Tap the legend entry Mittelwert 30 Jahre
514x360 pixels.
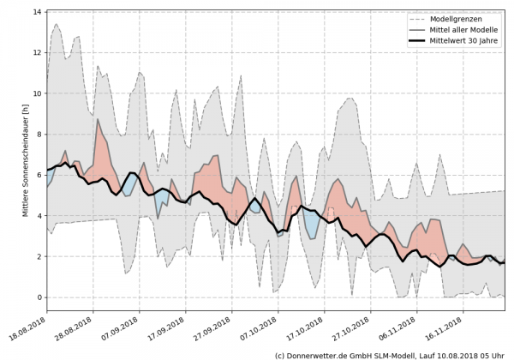tap(470, 42)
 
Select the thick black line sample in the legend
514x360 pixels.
tap(421, 42)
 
